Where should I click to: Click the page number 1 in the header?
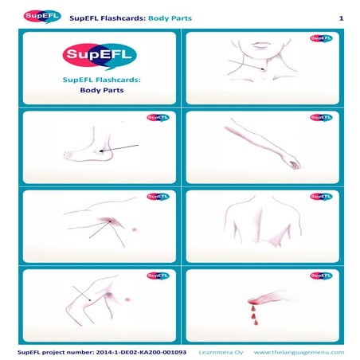[x=340, y=18]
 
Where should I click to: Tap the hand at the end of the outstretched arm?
[x=294, y=163]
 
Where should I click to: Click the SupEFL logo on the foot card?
[x=157, y=118]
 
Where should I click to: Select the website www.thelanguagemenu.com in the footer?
[x=299, y=351]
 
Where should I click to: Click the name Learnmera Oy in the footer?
[x=216, y=351]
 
